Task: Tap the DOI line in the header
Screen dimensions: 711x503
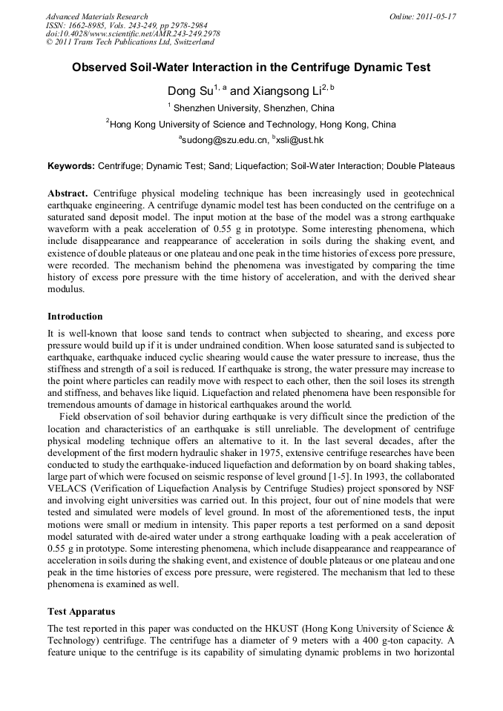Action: point(133,34)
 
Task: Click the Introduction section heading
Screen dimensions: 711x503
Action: point(75,316)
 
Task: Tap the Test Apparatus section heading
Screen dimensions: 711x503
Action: point(81,612)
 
